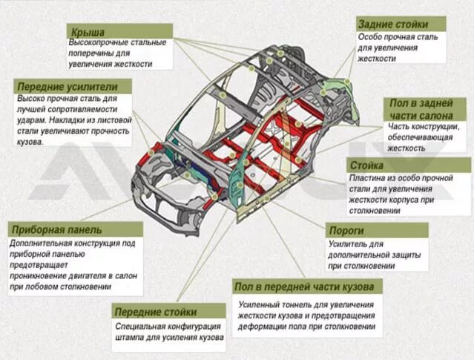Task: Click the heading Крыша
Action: pos(88,32)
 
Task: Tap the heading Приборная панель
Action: pos(56,230)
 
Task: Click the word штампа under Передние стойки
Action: pos(133,337)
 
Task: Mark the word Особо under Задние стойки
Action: pos(372,36)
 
